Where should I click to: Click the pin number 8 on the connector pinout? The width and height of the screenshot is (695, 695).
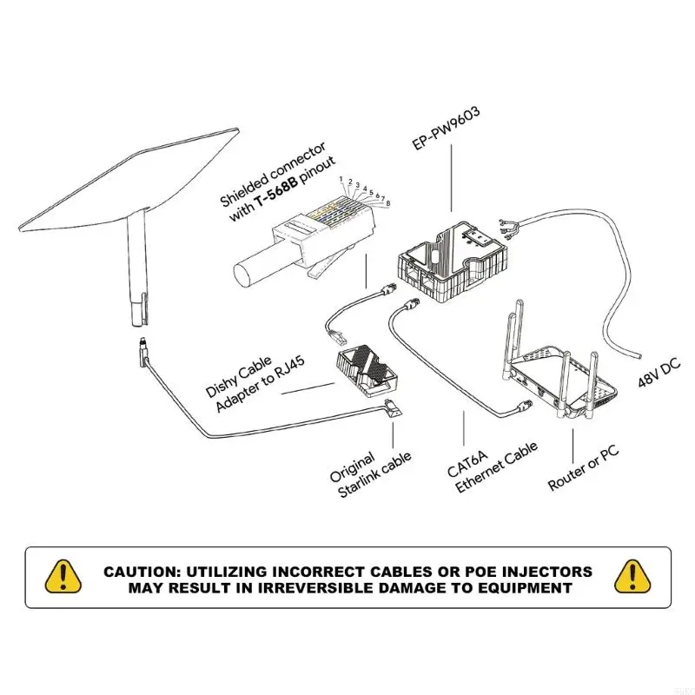pyautogui.click(x=387, y=203)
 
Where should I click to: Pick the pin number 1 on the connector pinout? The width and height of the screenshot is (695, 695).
pyautogui.click(x=342, y=178)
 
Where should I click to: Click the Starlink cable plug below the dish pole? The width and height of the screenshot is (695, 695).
pyautogui.click(x=142, y=351)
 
